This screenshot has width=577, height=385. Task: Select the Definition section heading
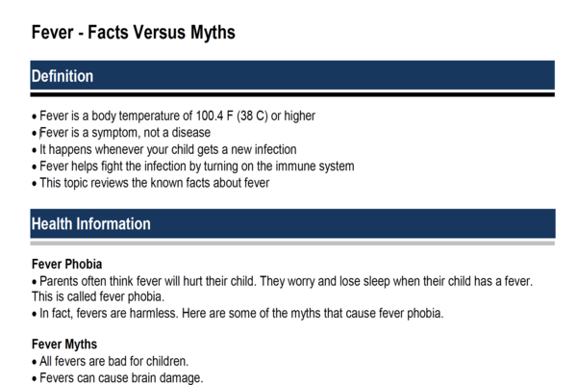63,76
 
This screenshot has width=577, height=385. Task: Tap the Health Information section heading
91,224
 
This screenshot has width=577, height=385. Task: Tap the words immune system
318,166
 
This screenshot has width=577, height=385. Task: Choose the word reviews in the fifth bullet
119,183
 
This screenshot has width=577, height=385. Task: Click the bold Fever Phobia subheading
66,264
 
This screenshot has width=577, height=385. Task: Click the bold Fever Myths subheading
64,345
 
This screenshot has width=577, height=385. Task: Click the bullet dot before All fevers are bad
35,362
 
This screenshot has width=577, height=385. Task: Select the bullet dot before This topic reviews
35,183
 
